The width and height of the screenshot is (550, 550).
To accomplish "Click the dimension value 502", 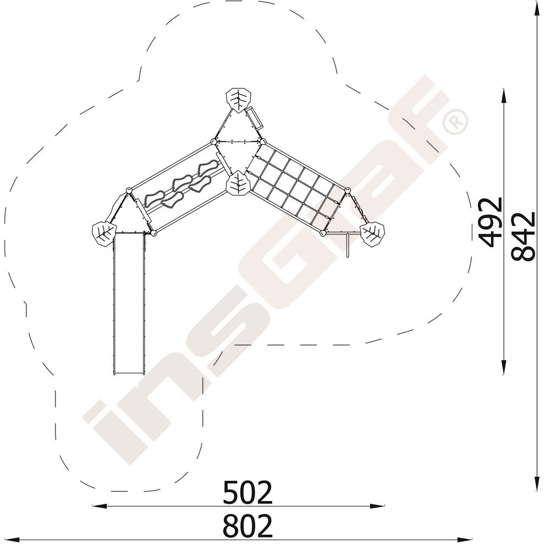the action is click(248, 493).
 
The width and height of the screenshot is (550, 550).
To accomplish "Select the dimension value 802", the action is click(248, 526).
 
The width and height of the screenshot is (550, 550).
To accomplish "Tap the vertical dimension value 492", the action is click(491, 222).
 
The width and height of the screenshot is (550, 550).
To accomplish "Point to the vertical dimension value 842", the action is click(523, 236).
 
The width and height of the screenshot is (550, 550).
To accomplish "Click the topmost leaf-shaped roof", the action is click(239, 100).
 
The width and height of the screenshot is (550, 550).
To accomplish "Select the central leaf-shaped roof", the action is click(238, 183).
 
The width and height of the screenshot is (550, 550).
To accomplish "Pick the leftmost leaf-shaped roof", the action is click(104, 233).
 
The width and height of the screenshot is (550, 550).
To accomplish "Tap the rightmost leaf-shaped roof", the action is click(372, 234).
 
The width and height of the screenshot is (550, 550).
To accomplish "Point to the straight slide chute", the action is click(128, 304).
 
